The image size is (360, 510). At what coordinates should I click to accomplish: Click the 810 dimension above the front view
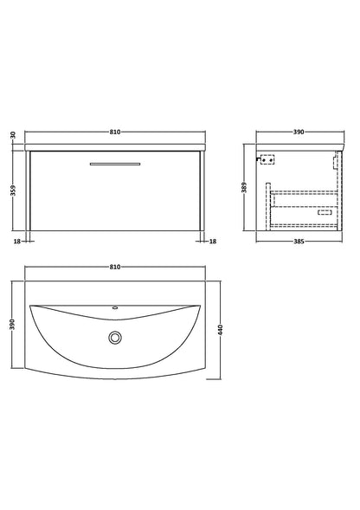click(x=116, y=132)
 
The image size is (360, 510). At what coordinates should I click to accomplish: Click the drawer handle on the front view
click(x=116, y=162)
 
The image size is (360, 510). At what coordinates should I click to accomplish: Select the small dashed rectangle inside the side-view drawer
click(x=331, y=211)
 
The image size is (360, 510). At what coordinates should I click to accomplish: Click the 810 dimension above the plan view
click(x=116, y=268)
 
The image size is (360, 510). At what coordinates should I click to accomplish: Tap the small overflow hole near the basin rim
click(x=115, y=308)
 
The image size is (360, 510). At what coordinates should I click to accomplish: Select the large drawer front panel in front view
click(x=116, y=195)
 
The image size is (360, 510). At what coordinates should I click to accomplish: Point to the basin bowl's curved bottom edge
click(x=115, y=368)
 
